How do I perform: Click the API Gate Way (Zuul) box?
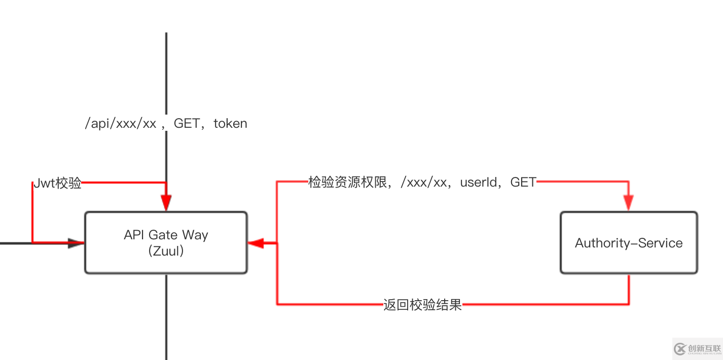pos(166,242)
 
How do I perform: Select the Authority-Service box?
pos(629,243)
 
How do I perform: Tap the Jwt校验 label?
pos(58,184)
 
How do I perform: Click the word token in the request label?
pos(230,123)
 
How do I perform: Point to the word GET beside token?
pos(187,123)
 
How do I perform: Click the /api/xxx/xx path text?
pos(120,124)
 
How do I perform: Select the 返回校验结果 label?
pos(422,305)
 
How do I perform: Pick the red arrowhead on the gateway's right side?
pos(256,243)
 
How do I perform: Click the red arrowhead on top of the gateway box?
pos(166,203)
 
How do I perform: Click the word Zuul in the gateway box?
pos(166,250)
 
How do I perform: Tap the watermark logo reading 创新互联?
pos(698,348)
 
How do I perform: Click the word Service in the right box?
pos(661,243)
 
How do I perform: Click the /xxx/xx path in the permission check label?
pos(423,183)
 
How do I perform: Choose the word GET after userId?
pos(523,183)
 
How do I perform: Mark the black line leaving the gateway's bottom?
pos(166,317)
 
